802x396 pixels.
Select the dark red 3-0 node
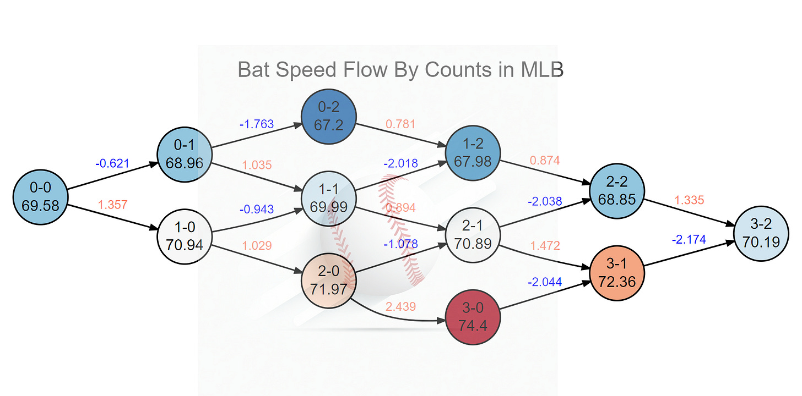pyautogui.click(x=473, y=318)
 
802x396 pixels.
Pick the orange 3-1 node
pyautogui.click(x=616, y=273)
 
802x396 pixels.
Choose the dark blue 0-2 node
pyautogui.click(x=329, y=117)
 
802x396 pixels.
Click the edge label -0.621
pyautogui.click(x=112, y=163)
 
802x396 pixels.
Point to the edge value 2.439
pyautogui.click(x=400, y=307)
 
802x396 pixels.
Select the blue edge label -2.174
pyautogui.click(x=689, y=240)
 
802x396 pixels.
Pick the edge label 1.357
pyautogui.click(x=112, y=205)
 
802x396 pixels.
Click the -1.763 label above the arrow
pyautogui.click(x=257, y=124)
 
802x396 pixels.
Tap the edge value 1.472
pyautogui.click(x=545, y=246)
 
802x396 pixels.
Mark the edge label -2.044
pyautogui.click(x=545, y=282)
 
